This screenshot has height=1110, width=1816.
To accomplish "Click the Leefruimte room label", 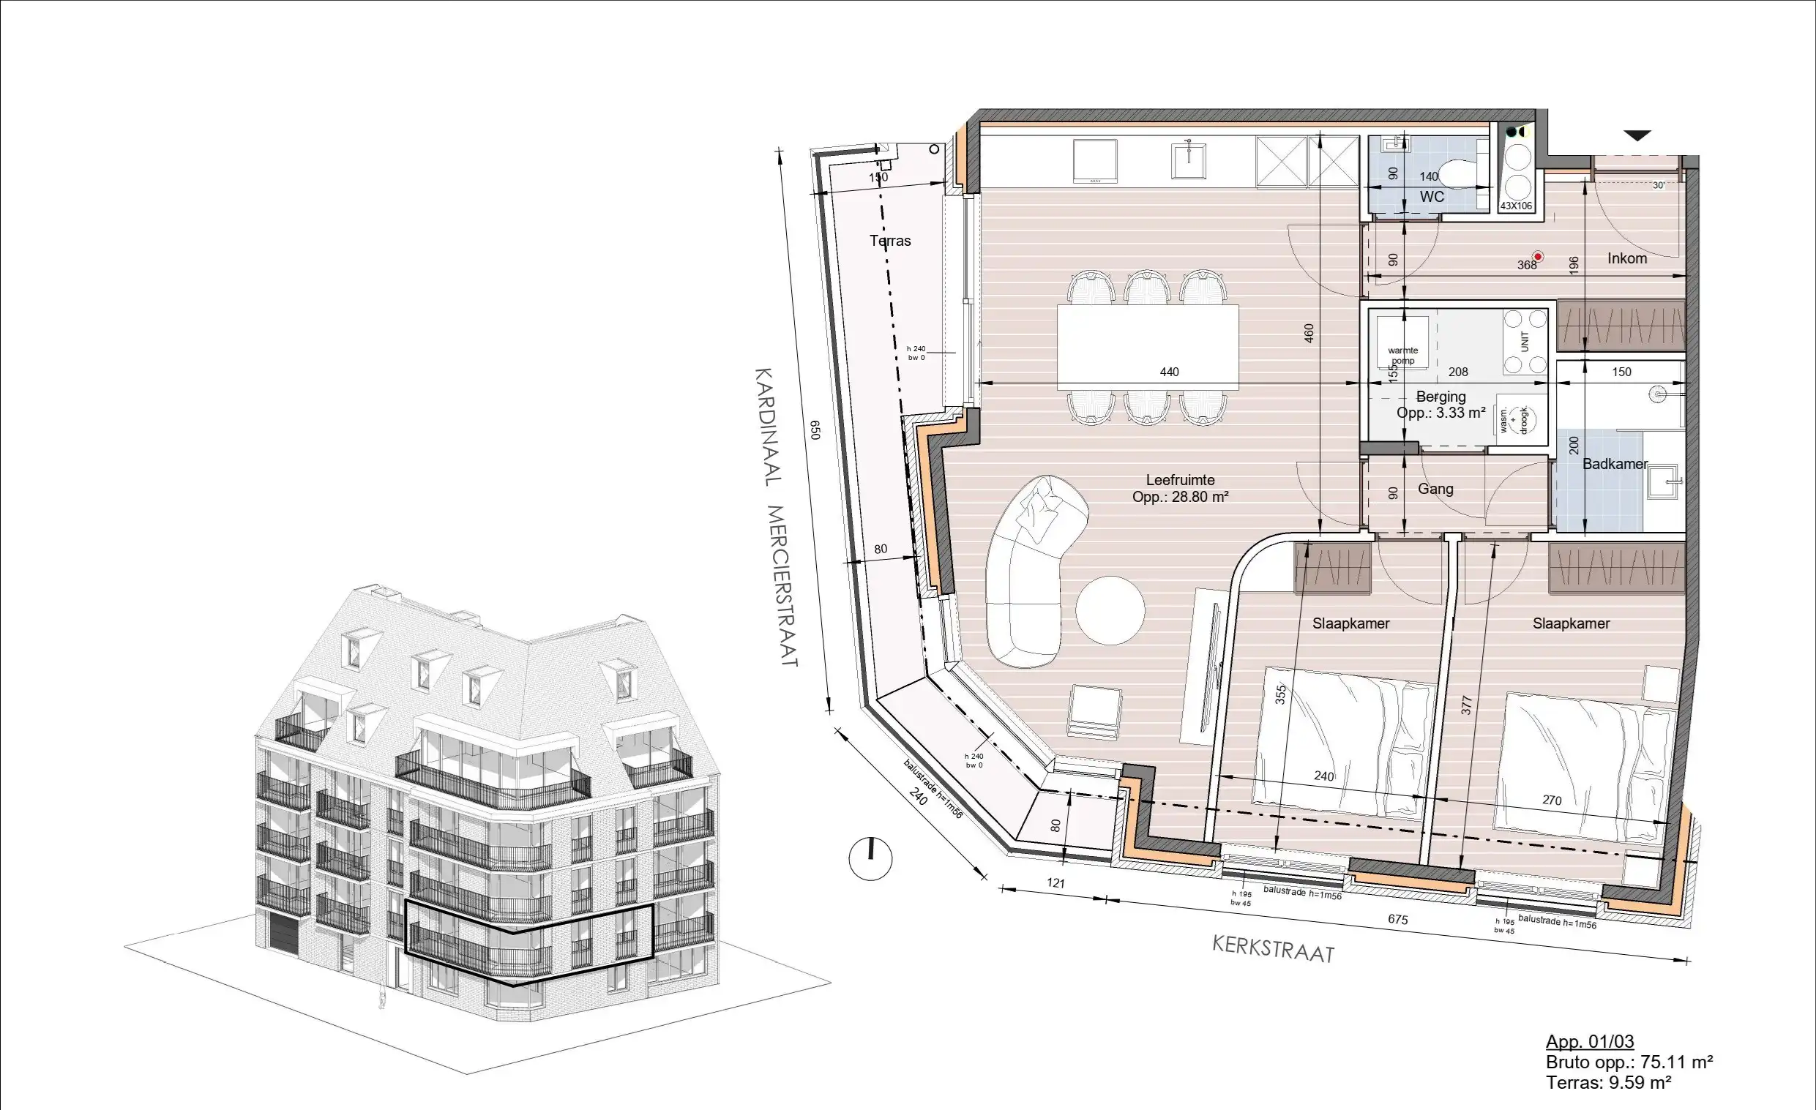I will (1180, 480).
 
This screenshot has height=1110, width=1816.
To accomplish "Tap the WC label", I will (1432, 197).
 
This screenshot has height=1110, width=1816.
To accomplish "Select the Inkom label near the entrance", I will (1626, 258).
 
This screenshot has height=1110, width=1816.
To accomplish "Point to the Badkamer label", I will (1615, 464).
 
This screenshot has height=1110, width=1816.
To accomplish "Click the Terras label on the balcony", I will (889, 241).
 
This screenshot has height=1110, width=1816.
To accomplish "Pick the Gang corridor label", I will (1435, 489).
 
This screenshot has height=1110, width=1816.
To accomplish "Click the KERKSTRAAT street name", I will (1273, 950).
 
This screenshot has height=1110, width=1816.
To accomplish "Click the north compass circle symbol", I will (870, 858).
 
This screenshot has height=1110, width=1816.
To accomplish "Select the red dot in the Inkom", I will (1537, 257).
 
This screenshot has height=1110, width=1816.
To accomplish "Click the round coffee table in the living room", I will (1110, 610).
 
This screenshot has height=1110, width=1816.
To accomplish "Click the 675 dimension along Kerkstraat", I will (1397, 919).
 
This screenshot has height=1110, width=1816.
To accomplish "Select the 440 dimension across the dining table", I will (1169, 372).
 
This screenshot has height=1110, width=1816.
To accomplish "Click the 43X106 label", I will (1516, 206).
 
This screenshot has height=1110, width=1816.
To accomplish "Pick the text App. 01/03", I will (1590, 1041).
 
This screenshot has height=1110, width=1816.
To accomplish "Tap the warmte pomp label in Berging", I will (1402, 355).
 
